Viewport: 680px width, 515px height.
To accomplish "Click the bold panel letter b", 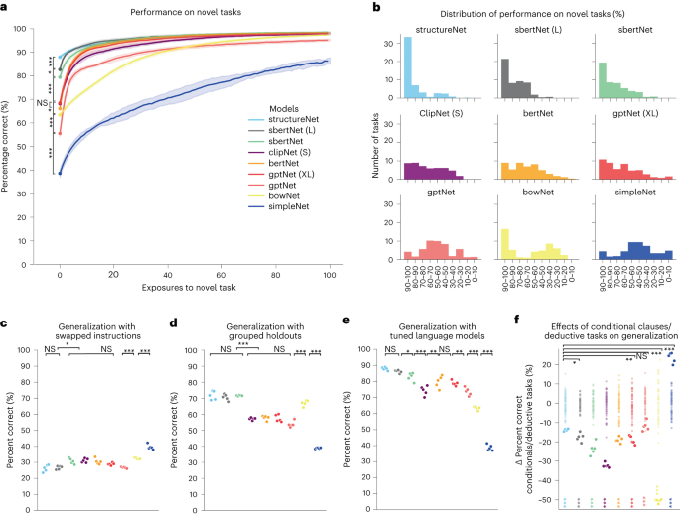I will pos(377,8).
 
